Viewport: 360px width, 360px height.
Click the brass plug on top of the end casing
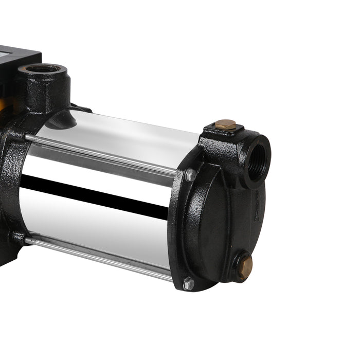click(x=225, y=124)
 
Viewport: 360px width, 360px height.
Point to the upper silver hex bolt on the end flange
click(x=190, y=175)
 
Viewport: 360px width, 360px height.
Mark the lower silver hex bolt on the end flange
click(x=189, y=283)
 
